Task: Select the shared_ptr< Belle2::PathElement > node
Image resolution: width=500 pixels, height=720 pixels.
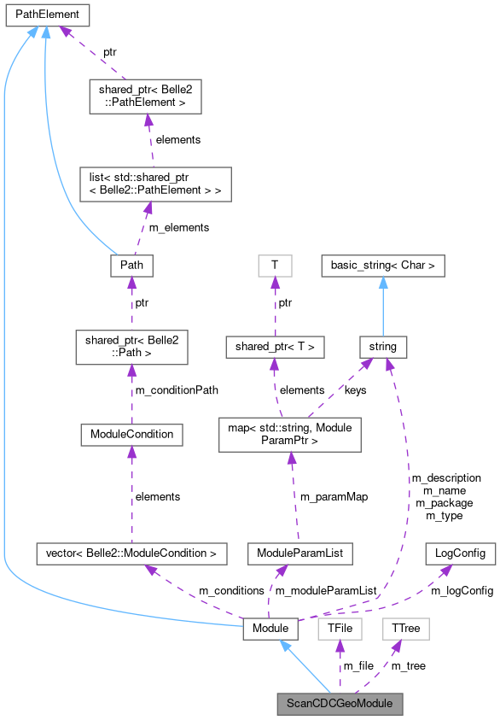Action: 145,97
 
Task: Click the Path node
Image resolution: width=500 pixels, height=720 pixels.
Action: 131,266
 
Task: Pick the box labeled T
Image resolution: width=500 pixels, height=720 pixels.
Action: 274,266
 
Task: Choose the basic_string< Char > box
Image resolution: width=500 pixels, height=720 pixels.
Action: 383,266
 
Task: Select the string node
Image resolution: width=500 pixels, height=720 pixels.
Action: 382,346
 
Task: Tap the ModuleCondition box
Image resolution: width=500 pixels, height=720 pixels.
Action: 131,434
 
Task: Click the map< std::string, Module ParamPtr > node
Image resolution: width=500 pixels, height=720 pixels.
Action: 291,435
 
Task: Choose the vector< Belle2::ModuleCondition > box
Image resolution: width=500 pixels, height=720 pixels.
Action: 131,553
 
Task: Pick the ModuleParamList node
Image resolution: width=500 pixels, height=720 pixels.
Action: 299,553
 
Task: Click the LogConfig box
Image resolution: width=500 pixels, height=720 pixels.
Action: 460,553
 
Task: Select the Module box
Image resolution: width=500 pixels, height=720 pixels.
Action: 270,629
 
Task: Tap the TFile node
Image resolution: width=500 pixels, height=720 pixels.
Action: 335,629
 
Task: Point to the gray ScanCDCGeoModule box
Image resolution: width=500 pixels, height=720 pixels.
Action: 339,705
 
